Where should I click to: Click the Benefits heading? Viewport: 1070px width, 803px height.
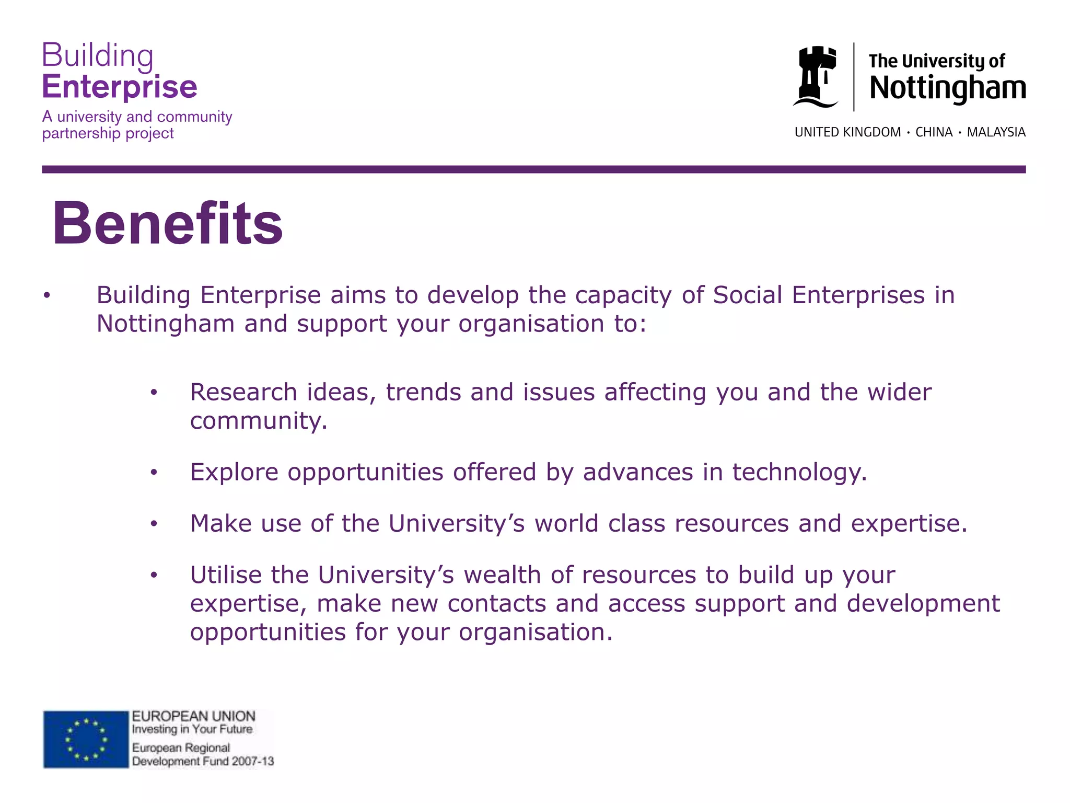click(168, 224)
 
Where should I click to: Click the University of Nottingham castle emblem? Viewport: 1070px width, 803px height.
click(816, 77)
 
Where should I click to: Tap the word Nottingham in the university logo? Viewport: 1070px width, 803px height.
click(947, 88)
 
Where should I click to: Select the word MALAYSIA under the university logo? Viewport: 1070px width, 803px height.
click(996, 132)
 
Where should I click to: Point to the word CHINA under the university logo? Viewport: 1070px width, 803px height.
click(934, 132)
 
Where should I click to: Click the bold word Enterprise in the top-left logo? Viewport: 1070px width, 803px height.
click(120, 87)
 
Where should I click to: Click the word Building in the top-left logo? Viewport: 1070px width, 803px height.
click(98, 55)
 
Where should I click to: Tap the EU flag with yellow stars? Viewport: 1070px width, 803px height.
click(86, 739)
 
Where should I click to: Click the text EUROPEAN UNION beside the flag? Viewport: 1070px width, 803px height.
click(193, 716)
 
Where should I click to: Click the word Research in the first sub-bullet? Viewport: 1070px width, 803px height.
click(243, 392)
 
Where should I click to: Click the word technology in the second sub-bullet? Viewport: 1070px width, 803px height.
click(799, 473)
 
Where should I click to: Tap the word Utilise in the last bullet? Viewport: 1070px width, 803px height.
click(226, 575)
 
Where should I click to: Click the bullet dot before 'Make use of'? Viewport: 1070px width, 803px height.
click(154, 524)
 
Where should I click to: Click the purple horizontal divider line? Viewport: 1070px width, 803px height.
click(533, 169)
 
